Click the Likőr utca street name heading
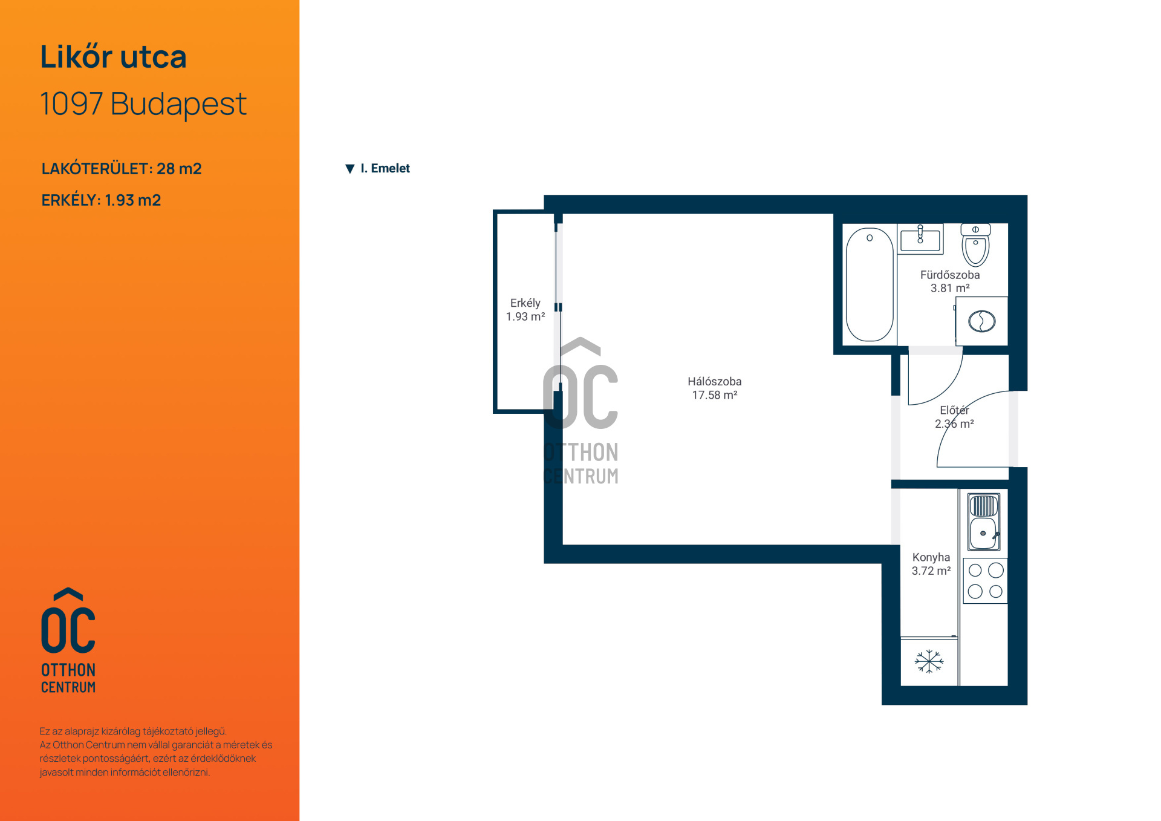(x=113, y=57)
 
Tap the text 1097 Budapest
(x=143, y=104)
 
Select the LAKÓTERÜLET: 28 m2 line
(x=122, y=169)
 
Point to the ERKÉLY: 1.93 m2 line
(x=101, y=200)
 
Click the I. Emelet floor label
(x=385, y=168)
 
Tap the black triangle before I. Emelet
(x=350, y=169)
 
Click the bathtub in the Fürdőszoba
(x=870, y=285)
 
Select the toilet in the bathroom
(x=975, y=245)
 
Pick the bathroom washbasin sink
(x=920, y=238)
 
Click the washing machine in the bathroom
(x=981, y=321)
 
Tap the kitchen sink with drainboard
(x=984, y=522)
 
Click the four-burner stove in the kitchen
(x=986, y=581)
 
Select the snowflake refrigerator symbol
(x=929, y=661)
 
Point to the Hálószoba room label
(x=714, y=382)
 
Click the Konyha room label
(x=931, y=557)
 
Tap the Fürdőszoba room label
(x=950, y=275)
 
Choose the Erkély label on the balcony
(x=525, y=303)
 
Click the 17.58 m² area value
(x=715, y=395)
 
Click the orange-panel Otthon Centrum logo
(x=68, y=640)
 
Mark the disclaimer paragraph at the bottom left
(x=156, y=751)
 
